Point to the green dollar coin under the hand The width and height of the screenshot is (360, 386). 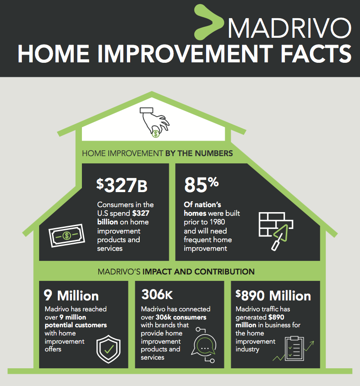tap(156, 133)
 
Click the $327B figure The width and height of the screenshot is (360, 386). tap(122, 185)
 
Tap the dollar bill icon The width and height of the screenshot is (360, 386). tap(67, 235)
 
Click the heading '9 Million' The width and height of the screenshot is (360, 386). tap(71, 296)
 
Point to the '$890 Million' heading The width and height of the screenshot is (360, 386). tap(273, 296)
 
